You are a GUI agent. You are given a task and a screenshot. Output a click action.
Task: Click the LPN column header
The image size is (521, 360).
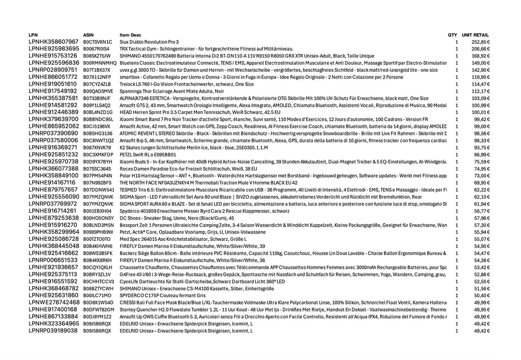coord(33,35)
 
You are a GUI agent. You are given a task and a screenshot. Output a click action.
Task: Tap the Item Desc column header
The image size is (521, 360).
coord(131,35)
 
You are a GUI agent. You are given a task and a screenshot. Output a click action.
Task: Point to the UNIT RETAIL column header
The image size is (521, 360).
coord(475,35)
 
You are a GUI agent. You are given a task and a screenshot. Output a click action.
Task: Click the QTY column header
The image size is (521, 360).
coord(452,35)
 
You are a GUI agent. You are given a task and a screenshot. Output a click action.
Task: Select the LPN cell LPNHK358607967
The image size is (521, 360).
coord(54,42)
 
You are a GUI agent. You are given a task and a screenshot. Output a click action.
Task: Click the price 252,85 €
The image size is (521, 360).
coord(480,42)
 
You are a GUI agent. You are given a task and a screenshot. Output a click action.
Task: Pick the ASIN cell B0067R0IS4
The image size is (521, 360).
coord(96,49)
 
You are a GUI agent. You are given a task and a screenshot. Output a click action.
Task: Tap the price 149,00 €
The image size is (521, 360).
coord(480,63)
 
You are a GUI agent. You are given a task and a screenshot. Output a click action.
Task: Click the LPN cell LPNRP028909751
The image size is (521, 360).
coord(53,70)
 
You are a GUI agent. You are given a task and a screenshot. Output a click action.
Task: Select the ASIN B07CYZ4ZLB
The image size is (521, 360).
coord(97,84)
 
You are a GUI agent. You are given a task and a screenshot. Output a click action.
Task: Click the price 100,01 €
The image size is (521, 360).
coord(480,112)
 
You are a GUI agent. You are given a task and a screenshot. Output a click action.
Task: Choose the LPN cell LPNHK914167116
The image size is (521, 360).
coord(52,182)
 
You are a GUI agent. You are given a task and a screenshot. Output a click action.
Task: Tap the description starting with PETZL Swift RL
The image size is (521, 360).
coord(148,154)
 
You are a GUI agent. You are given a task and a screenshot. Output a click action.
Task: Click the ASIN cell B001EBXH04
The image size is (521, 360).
coord(97,210)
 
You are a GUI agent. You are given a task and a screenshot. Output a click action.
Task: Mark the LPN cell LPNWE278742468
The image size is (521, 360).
coord(54,302)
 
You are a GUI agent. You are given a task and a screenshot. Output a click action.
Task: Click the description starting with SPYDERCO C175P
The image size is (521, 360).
coord(162,295)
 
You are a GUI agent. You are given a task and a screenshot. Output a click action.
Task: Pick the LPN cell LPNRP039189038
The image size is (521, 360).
coord(53,330)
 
